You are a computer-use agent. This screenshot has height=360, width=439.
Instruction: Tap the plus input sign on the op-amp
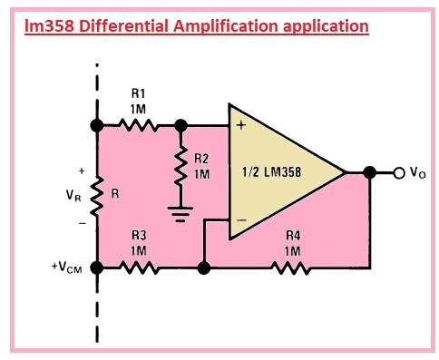tap(240, 126)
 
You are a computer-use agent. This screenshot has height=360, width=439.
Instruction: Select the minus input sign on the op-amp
tap(240, 221)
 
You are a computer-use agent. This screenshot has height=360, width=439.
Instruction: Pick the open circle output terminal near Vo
tap(397, 172)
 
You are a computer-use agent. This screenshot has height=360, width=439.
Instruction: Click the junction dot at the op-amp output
tap(369, 172)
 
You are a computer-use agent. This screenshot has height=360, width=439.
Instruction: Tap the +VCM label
tap(72, 268)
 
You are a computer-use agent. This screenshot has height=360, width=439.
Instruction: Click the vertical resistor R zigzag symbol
tap(96, 194)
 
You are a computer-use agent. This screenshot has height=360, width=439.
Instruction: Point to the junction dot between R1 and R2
tap(181, 125)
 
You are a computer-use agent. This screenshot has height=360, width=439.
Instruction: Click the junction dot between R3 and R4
tap(204, 268)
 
